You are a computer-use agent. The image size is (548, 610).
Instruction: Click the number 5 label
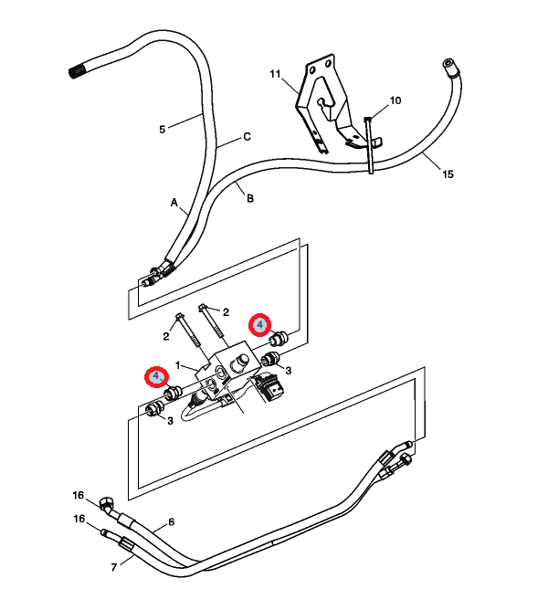pyautogui.click(x=163, y=130)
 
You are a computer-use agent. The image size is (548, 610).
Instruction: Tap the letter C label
pyautogui.click(x=247, y=138)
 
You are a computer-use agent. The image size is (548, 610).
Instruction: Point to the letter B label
pyautogui.click(x=249, y=197)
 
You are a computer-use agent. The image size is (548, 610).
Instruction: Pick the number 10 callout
pyautogui.click(x=395, y=100)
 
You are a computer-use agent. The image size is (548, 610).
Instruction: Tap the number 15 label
pyautogui.click(x=447, y=174)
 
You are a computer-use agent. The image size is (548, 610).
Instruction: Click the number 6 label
pyautogui.click(x=170, y=522)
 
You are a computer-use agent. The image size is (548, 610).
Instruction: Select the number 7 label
pyautogui.click(x=114, y=567)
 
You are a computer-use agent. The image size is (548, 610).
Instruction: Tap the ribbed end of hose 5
pyautogui.click(x=79, y=70)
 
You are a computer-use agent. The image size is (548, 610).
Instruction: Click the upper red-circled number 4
pyautogui.click(x=260, y=324)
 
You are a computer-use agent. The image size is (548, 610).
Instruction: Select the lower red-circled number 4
pyautogui.click(x=156, y=376)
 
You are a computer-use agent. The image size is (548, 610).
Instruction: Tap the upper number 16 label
pyautogui.click(x=79, y=495)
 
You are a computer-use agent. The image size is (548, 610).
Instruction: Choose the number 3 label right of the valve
pyautogui.click(x=288, y=370)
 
